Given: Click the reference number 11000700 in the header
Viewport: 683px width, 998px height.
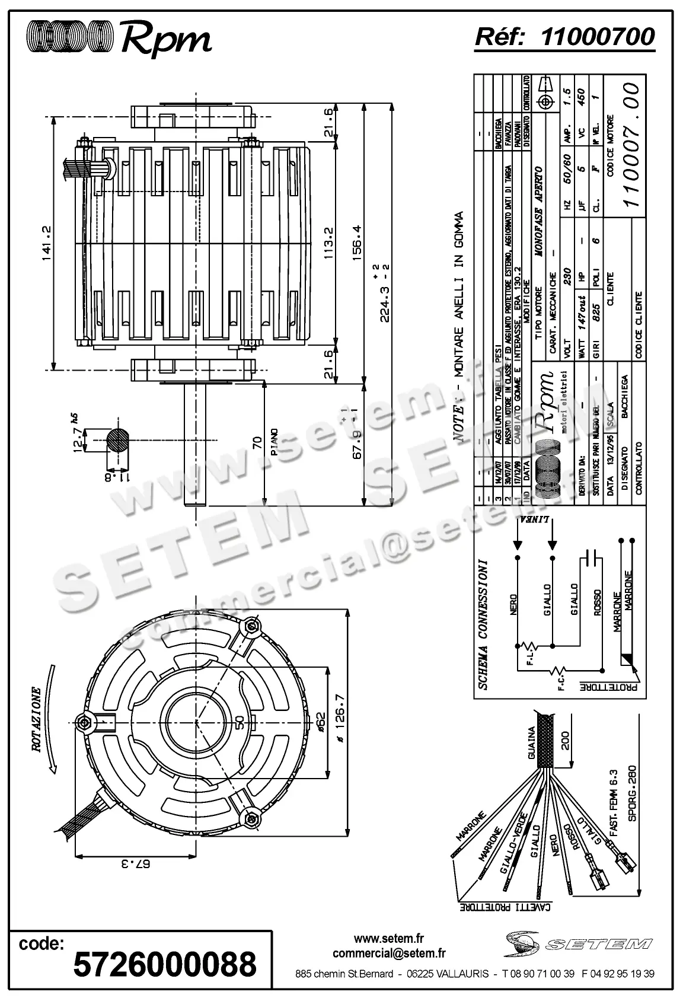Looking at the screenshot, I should pyautogui.click(x=598, y=36).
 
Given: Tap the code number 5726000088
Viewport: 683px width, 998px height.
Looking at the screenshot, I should pyautogui.click(x=164, y=964).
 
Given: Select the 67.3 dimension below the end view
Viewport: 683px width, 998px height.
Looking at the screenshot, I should pyautogui.click(x=136, y=864).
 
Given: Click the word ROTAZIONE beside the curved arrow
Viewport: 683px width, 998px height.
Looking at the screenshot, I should pyautogui.click(x=36, y=719).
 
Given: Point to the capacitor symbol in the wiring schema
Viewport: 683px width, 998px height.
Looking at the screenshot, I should pyautogui.click(x=590, y=557).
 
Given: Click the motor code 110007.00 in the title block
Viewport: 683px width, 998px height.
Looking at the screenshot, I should pyautogui.click(x=632, y=144).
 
